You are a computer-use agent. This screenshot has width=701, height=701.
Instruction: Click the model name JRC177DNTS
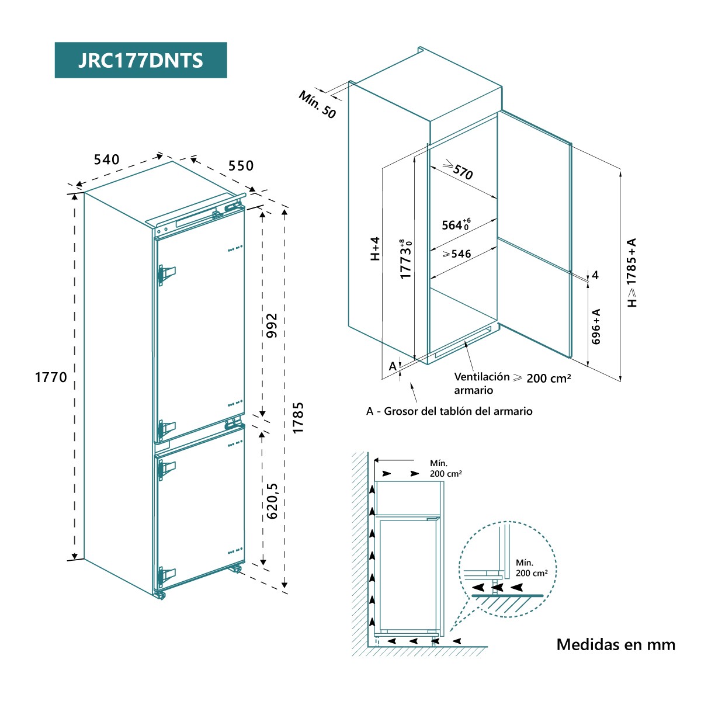(140, 60)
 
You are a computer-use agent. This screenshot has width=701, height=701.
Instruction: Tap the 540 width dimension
(106, 159)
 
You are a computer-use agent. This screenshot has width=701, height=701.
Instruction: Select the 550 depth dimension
(241, 166)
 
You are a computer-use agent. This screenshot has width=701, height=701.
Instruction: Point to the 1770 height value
(51, 377)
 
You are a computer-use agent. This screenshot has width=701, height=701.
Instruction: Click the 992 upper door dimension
(272, 325)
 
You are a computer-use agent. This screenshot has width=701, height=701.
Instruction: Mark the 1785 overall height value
(298, 418)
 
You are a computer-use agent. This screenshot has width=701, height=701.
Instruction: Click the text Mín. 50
(317, 105)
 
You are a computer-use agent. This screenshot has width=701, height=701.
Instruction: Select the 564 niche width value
(456, 224)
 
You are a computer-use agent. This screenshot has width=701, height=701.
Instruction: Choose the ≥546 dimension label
(457, 254)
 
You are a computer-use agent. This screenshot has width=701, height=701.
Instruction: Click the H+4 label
(375, 248)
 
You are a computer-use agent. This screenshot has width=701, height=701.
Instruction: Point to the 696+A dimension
(596, 327)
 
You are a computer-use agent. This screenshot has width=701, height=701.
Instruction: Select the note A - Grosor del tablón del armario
(449, 411)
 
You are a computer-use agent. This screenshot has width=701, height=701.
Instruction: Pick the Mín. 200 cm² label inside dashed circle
(532, 568)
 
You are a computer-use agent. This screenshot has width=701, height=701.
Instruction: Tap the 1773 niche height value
(406, 259)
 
